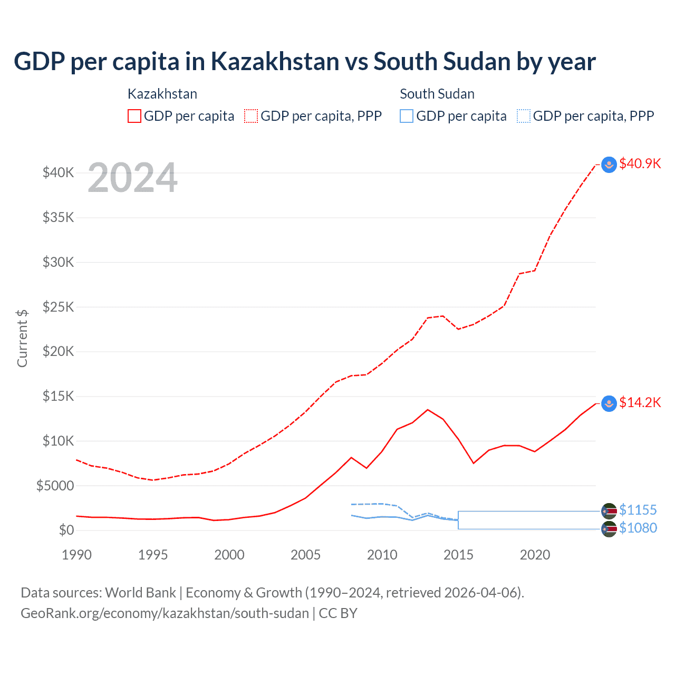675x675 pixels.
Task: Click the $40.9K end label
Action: pos(640,163)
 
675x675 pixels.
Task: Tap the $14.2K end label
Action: pos(640,403)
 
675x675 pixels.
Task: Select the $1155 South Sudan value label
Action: pos(638,510)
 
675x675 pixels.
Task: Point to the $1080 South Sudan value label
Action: pos(638,528)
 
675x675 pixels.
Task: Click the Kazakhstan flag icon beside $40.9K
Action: pos(609,165)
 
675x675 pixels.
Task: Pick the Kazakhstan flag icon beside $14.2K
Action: pos(609,404)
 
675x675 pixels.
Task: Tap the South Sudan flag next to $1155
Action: pos(609,511)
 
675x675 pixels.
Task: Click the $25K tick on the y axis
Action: pos(59,307)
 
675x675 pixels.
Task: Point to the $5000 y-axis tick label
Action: pos(55,486)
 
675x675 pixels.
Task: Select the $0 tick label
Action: pos(66,530)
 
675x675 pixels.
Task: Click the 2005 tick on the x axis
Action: pos(306,555)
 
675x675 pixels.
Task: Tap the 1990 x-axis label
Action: pos(77,555)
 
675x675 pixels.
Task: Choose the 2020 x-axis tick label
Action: pos(535,555)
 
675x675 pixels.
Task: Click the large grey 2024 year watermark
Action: pos(132,178)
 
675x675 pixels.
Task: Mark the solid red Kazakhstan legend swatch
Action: pos(134,116)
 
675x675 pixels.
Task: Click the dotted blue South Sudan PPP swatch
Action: pos(524,116)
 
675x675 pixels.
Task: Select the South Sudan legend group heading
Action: pos(437,94)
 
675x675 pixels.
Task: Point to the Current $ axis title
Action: pos(22,339)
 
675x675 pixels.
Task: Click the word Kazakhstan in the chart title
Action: pos(275,62)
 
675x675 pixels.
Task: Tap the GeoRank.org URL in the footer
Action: pos(165,613)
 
